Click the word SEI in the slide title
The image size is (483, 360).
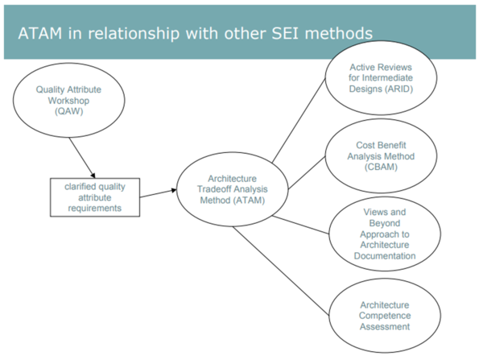(x=284, y=33)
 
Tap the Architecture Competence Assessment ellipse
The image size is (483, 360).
(x=384, y=315)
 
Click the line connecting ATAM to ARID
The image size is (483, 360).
(x=297, y=121)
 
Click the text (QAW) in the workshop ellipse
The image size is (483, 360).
(x=70, y=113)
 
